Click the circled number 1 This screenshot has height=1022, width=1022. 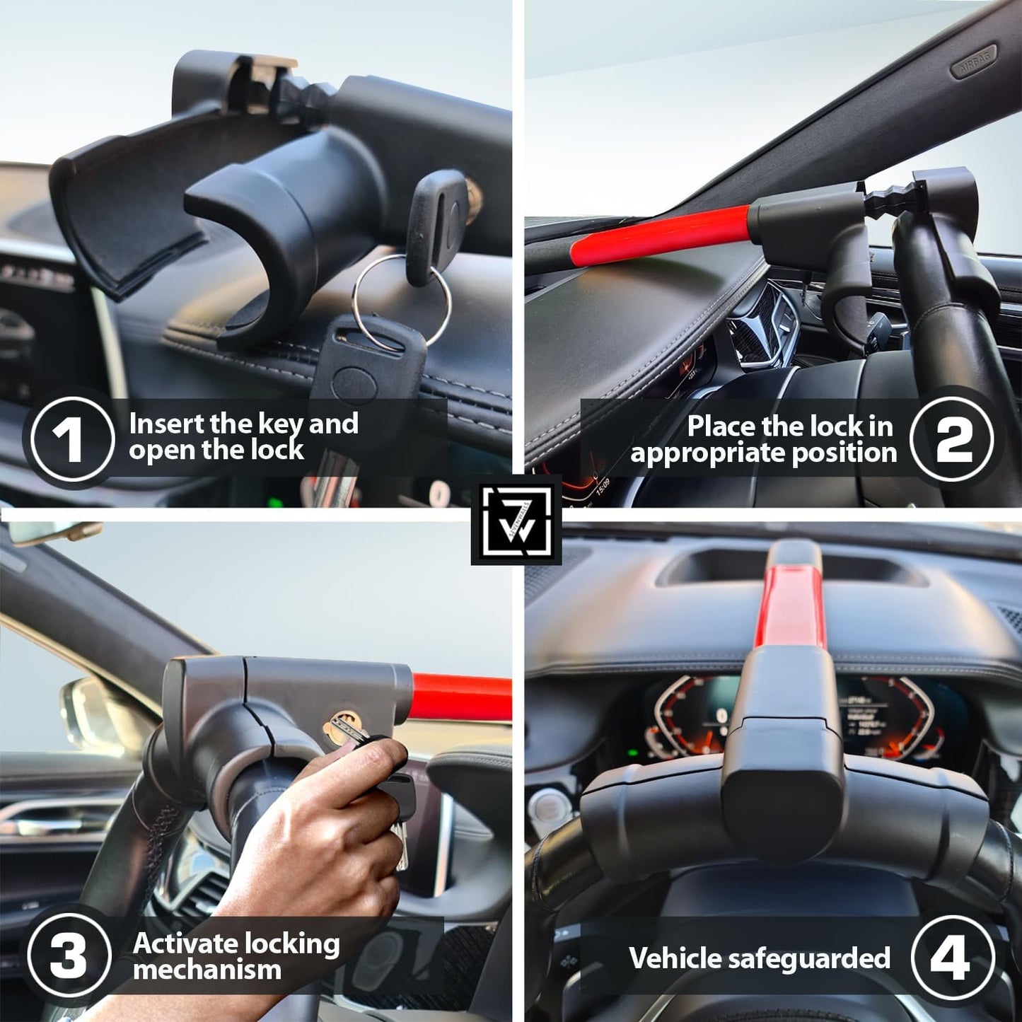73,438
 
